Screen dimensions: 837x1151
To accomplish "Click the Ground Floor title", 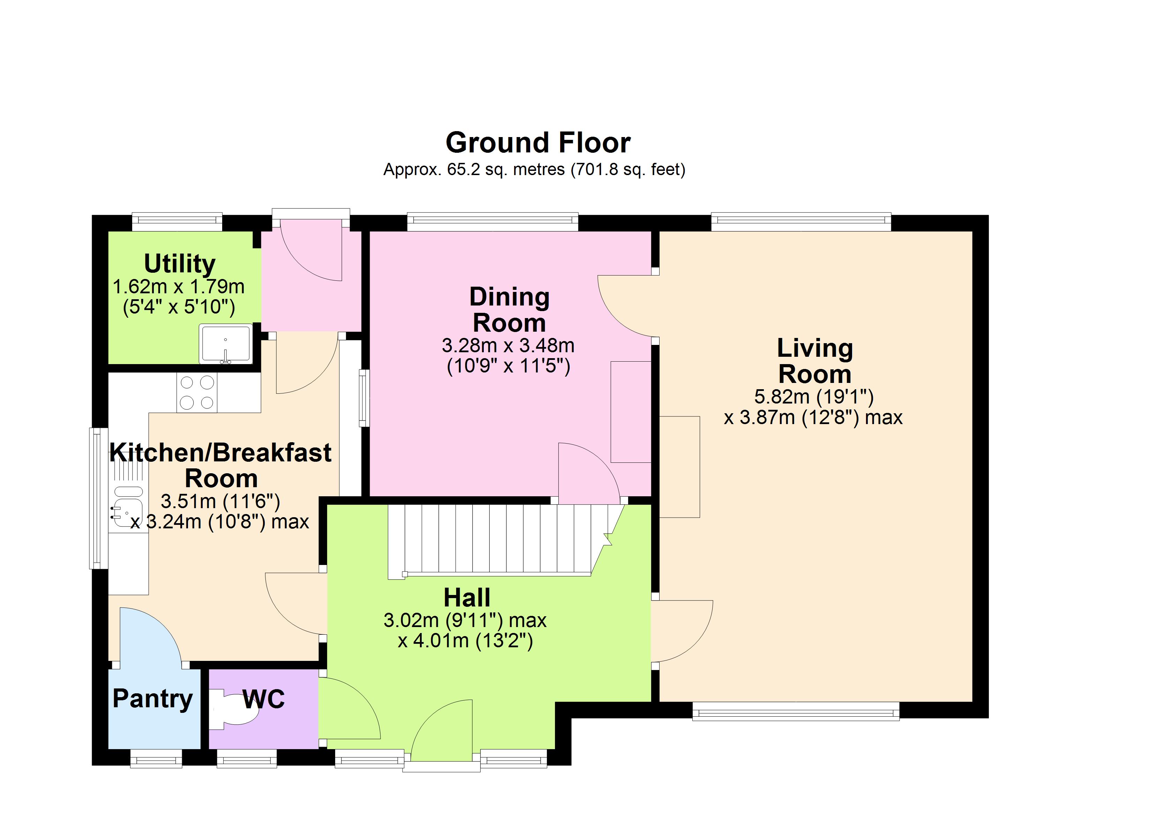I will (x=538, y=143).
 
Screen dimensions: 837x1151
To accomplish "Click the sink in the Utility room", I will (x=226, y=343).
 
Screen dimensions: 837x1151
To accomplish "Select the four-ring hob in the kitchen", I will (x=197, y=392).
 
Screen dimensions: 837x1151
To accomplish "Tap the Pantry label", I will (x=153, y=699).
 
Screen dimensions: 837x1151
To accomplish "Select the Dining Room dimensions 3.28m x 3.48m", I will (x=508, y=346).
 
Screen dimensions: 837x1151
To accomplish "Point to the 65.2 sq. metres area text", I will (x=534, y=169).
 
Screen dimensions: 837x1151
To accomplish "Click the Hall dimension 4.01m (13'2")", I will (x=465, y=641).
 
